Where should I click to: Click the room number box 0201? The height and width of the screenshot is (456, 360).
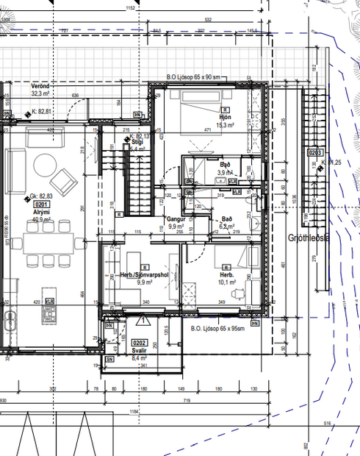tap(41, 205)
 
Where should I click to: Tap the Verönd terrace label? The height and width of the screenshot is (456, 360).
tap(40, 87)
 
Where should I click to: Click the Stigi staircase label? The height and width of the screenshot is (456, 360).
tap(137, 143)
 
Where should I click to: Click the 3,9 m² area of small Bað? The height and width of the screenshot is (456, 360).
tap(223, 172)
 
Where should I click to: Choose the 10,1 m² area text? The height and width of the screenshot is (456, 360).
tap(227, 282)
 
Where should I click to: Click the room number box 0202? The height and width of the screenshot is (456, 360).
tap(139, 343)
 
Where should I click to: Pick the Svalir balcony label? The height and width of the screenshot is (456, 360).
tap(139, 351)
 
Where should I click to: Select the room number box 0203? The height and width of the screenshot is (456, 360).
tap(315, 152)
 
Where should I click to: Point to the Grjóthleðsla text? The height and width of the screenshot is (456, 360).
tap(309, 238)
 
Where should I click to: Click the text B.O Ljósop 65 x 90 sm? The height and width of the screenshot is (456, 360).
tap(194, 76)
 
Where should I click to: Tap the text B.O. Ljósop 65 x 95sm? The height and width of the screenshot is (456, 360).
tap(217, 329)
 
